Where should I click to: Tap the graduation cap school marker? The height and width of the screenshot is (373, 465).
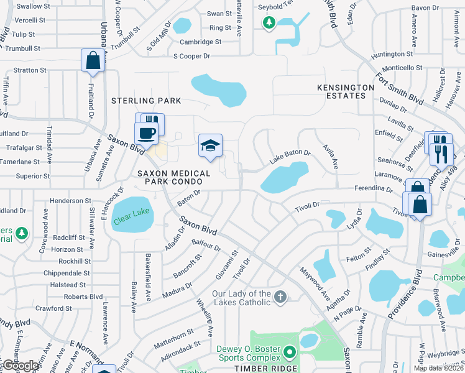(210, 146)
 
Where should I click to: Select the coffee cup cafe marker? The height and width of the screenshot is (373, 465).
(146, 132)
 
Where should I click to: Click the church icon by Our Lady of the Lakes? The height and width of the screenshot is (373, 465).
(280, 297)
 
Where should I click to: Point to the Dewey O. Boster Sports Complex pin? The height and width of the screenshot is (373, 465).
(289, 353)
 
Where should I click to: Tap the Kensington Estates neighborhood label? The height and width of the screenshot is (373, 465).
(346, 91)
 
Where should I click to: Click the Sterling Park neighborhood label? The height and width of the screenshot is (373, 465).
(146, 101)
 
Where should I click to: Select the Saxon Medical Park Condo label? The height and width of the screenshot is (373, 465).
(170, 177)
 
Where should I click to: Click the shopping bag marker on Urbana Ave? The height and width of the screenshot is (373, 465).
(93, 61)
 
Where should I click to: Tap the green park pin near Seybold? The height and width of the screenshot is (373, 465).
(269, 23)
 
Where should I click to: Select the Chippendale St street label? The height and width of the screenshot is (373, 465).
(67, 273)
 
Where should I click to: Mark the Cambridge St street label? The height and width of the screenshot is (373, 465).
(201, 42)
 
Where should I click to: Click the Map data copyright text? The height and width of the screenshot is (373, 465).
(439, 368)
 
